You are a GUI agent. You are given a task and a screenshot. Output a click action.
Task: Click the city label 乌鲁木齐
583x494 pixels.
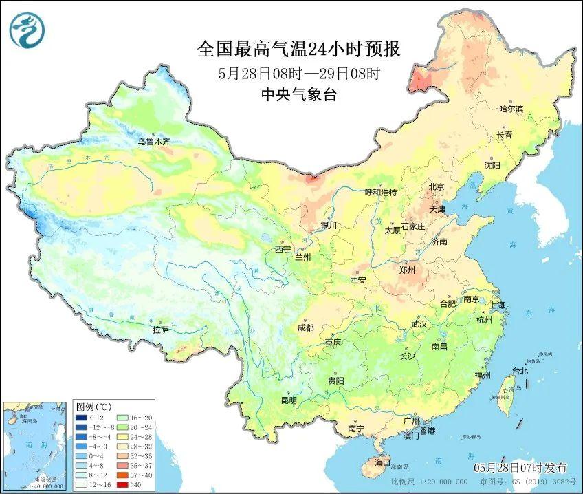[x=153, y=142]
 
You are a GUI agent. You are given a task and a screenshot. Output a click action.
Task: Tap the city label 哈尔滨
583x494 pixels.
[x=511, y=109]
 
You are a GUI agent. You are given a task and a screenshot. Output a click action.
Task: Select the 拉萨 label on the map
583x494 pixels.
[x=160, y=330]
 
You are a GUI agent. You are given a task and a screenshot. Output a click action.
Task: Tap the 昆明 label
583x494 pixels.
[x=289, y=400]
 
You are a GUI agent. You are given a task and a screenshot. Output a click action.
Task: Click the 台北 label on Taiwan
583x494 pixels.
[x=519, y=371]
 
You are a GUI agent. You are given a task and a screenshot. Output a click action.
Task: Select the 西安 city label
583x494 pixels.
[x=357, y=280]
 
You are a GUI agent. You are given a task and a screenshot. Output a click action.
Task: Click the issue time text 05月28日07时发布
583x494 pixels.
[x=520, y=467]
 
